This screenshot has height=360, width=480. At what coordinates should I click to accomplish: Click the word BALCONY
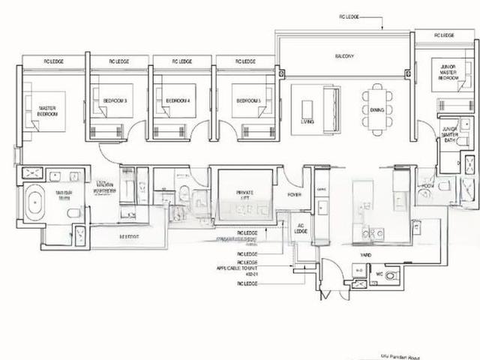point(343,57)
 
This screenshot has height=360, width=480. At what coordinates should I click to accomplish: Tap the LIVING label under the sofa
point(307,121)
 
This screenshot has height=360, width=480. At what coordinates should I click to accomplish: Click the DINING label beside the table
point(376,110)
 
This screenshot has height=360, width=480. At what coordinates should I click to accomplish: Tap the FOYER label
point(294,195)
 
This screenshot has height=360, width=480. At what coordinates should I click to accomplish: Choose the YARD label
point(365,254)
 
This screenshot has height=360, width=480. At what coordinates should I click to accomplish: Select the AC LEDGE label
point(300,229)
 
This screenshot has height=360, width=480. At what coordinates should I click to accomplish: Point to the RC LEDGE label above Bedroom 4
point(181,61)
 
